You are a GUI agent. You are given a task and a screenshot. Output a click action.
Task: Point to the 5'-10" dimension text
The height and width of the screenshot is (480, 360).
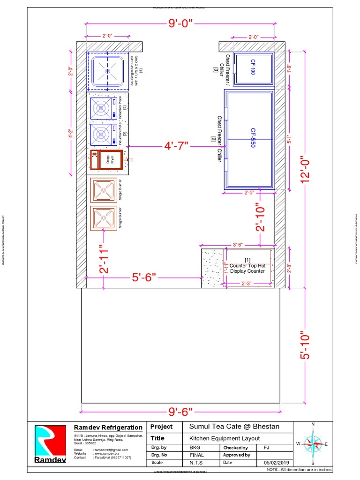pos(306,346)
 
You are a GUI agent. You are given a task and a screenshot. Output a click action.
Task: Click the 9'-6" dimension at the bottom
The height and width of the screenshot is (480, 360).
pos(180,412)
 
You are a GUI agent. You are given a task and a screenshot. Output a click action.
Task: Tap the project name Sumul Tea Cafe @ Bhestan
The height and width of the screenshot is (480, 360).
pos(234,427)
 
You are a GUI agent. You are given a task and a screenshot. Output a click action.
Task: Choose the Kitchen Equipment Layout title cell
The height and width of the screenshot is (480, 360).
pos(224,438)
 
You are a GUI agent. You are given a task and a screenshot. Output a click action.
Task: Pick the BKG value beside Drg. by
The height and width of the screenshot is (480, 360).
pos(195,448)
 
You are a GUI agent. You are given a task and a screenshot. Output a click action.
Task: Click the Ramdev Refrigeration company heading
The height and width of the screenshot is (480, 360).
pos(108,427)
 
